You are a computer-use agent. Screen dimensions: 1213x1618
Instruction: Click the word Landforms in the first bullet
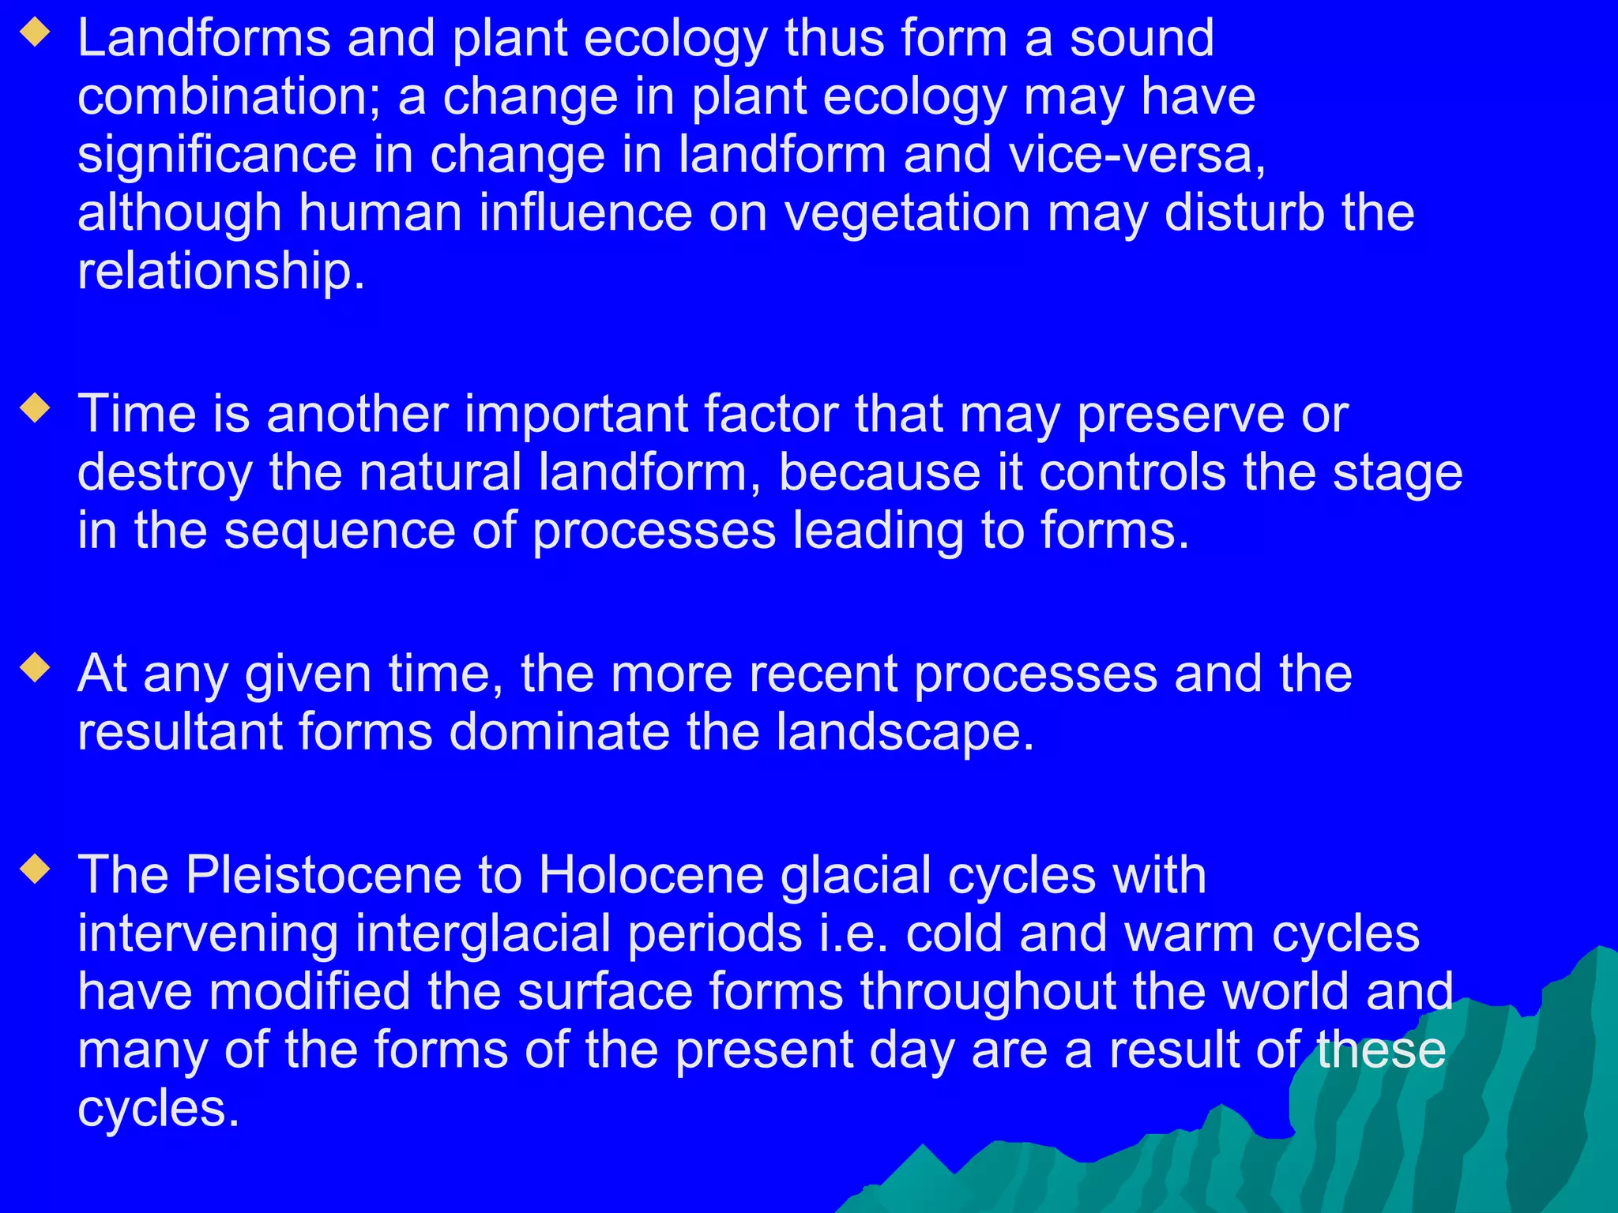(x=204, y=39)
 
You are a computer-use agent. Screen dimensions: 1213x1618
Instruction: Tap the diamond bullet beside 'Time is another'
(x=36, y=408)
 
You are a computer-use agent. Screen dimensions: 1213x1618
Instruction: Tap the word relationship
(x=221, y=272)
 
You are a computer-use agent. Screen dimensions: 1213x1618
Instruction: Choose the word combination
(x=229, y=97)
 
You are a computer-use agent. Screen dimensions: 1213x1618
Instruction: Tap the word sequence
(x=340, y=531)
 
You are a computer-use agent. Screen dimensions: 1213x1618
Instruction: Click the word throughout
(x=988, y=992)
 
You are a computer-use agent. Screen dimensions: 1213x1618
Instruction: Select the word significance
(x=217, y=155)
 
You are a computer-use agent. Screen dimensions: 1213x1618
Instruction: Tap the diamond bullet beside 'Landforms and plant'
(x=36, y=33)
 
